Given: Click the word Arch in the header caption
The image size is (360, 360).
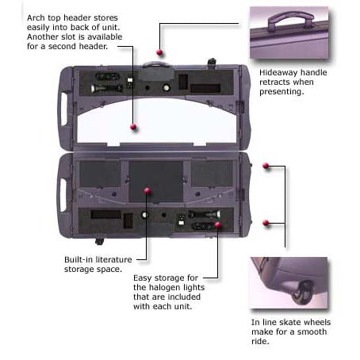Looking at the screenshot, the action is (x=36, y=17).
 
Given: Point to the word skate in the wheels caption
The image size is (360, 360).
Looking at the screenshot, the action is (x=290, y=322).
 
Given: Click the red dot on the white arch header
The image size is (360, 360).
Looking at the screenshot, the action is (x=133, y=127).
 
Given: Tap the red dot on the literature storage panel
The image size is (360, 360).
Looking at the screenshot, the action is (x=147, y=190).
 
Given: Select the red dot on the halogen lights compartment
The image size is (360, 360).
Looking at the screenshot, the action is (x=218, y=225).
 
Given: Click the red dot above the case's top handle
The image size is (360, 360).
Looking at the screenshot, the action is (x=159, y=52).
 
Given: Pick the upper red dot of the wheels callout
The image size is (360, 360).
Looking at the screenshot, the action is (x=266, y=166).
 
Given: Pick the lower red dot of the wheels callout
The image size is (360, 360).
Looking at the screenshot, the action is (x=266, y=223).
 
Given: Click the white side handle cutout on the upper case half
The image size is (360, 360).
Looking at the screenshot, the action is (x=64, y=109).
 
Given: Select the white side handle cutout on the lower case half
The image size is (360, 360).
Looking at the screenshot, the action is (x=63, y=195).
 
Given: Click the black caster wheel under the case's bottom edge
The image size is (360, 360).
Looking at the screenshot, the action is (x=99, y=241).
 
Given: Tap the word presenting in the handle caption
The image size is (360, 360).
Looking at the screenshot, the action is (x=281, y=92).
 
